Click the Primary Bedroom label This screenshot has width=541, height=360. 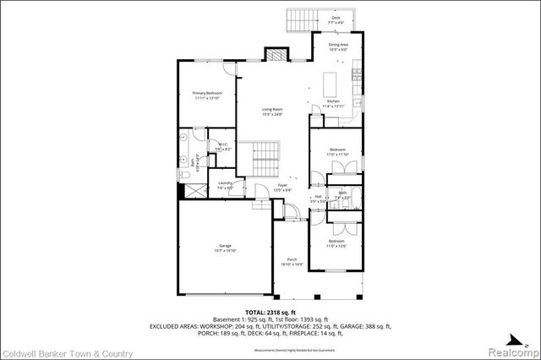(205, 95)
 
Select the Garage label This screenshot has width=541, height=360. (223, 247)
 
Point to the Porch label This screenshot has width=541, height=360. (292, 259)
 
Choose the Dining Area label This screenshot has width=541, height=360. (339, 46)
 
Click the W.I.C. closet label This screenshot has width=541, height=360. (223, 145)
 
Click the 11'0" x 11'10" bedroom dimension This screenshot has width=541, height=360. (338, 155)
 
